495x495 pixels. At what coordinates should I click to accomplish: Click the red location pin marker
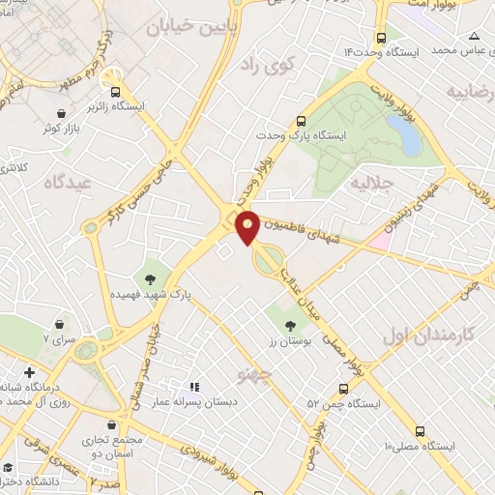tap(247, 226)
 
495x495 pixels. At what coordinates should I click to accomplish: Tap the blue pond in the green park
tap(407, 136)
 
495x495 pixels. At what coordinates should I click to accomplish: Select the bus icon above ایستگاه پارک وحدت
tap(303, 122)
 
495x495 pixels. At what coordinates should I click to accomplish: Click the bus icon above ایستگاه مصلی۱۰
tap(420, 431)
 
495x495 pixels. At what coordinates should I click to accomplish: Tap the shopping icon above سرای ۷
tap(63, 322)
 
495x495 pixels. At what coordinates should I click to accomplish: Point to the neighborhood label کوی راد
tap(260, 64)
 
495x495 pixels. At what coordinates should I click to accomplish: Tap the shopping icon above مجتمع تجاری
tap(116, 423)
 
